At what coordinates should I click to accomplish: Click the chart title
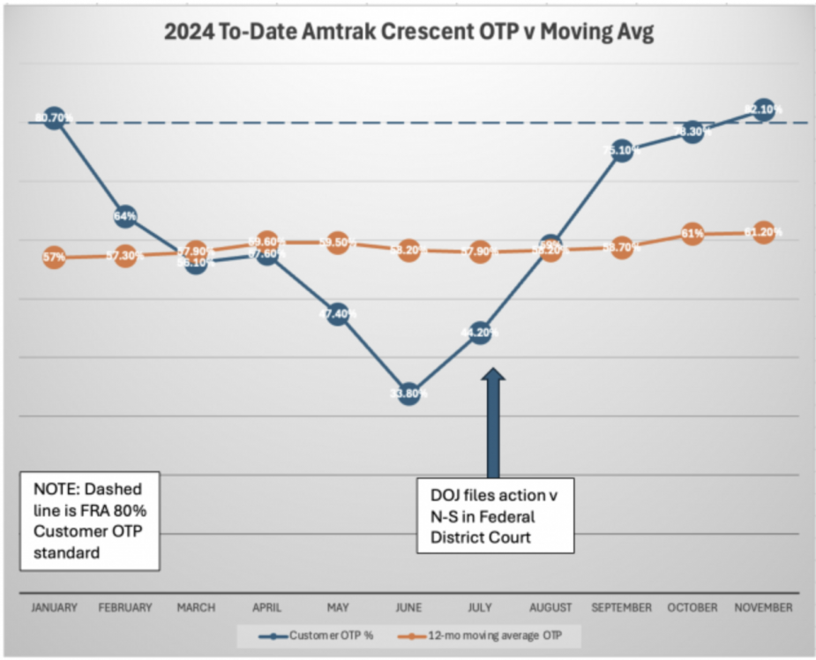[408, 35]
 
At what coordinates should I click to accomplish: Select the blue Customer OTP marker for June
[408, 394]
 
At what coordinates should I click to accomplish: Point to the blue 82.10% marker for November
[764, 109]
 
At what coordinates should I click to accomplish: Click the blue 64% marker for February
[125, 216]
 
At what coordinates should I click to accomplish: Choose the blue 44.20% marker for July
[480, 333]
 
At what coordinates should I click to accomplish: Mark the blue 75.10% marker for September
[622, 150]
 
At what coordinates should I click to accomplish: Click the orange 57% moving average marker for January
[55, 259]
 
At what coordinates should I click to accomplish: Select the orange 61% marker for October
[692, 234]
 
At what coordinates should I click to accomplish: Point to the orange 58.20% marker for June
[408, 250]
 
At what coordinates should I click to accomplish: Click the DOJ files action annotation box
[495, 516]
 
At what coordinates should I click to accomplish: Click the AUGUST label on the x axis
[551, 607]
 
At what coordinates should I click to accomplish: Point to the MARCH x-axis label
[196, 607]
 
